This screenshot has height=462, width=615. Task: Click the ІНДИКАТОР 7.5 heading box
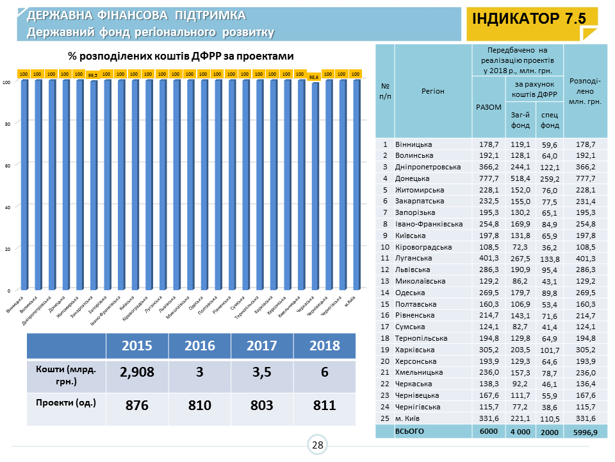coord(529,19)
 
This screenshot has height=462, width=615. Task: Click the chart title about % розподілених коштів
coord(181,56)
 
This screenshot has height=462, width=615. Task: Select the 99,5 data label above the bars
coord(93,75)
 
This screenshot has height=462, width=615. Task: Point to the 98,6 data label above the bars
coord(315,77)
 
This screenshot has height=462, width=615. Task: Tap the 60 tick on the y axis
coord(6,165)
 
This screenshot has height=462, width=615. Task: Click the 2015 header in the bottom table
coord(137,345)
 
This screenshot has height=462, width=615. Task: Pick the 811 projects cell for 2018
coord(324,406)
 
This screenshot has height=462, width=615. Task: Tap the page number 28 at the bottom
coord(317,445)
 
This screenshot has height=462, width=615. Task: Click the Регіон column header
coord(433,91)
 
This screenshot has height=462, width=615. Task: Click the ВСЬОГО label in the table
coord(410,431)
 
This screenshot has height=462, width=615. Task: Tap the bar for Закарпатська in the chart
coord(93,185)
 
